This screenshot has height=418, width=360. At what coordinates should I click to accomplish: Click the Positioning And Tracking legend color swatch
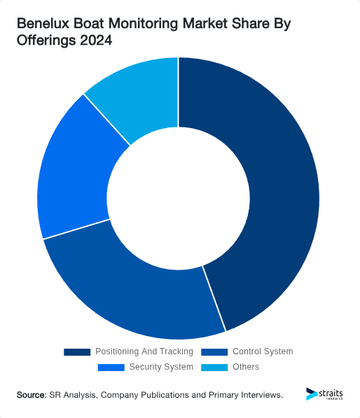point(77,351)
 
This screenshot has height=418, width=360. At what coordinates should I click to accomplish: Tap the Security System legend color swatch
point(111,367)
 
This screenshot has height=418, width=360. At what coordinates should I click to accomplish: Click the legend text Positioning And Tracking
point(144,351)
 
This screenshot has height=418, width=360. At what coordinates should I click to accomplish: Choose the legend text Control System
point(263,351)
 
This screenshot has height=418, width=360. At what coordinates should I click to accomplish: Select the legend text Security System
point(161,367)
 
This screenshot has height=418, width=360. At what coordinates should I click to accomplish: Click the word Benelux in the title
point(43,25)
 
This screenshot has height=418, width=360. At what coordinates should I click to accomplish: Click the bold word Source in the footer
point(32,396)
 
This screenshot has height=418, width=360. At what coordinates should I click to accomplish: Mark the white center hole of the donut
point(179,196)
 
